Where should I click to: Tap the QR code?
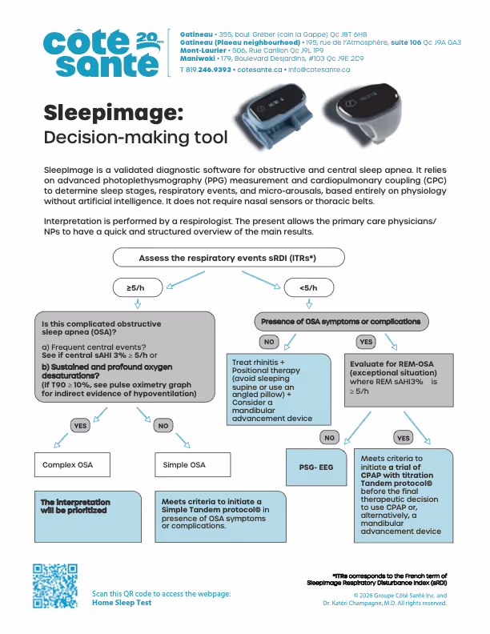pos(55,586)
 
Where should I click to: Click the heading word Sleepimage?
pos(113,113)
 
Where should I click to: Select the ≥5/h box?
pos(138,288)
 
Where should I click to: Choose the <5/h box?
pos(309,288)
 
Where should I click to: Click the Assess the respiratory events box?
pos(228,258)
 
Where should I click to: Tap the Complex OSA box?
pos(72,464)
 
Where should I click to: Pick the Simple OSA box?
pos(193,464)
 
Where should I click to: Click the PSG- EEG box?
pos(316,467)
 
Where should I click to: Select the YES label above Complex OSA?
pos(80,425)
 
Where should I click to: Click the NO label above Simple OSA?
pos(163,425)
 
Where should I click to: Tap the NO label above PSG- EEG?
pos(330,438)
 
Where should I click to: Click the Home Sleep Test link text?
pos(122,603)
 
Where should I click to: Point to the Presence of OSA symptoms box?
pos(341,322)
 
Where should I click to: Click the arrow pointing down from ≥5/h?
pos(138,303)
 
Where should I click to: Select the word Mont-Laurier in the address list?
pos(203,50)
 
